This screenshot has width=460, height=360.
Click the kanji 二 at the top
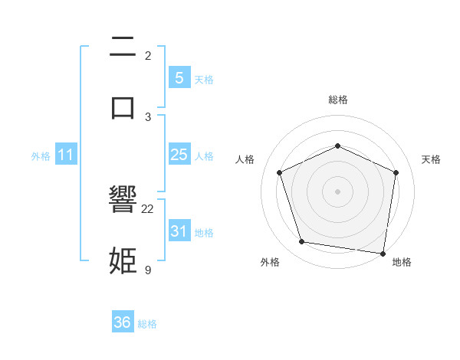123,47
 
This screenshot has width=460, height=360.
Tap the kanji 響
123,201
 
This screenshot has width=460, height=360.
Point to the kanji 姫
123,260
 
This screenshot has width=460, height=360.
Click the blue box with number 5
179,78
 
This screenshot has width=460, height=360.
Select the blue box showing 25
179,155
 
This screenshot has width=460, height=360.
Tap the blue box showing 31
179,231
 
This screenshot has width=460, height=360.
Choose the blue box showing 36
123,322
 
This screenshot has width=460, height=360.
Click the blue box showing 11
66,155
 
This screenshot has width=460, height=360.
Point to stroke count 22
148,208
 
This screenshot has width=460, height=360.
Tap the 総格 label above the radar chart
337,100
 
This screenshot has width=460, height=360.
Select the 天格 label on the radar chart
432,159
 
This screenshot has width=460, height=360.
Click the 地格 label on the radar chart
402,262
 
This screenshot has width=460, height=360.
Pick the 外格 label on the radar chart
270,262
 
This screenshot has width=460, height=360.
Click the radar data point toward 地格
383,253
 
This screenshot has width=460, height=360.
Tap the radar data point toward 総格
337,145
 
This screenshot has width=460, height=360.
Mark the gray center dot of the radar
337,191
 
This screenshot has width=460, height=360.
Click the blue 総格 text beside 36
147,324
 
